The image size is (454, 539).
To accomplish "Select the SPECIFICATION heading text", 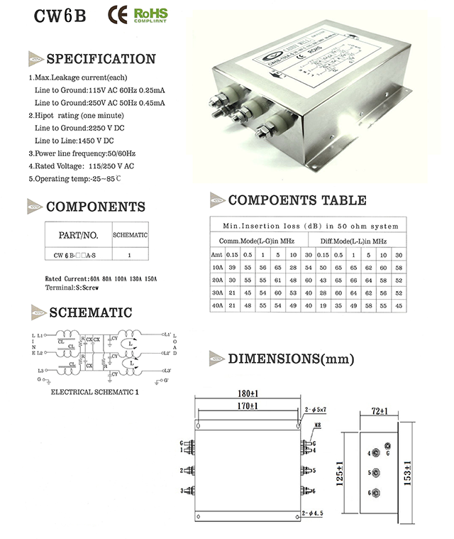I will pos(100,58).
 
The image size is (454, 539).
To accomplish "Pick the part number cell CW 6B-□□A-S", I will pos(78,254).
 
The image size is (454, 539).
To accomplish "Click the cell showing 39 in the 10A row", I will pos(232,268).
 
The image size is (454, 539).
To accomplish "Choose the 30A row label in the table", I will pos(216,293).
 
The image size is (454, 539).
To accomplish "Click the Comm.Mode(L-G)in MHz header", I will pos(257,241).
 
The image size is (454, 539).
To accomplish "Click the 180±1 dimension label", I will pos(248,393).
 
